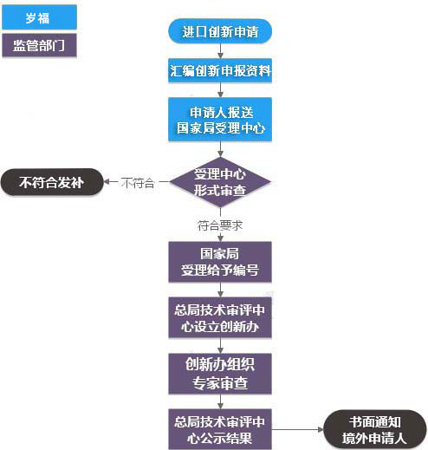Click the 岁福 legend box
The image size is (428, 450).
tap(40, 16)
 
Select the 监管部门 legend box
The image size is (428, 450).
tap(40, 44)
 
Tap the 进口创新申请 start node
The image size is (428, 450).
tap(220, 32)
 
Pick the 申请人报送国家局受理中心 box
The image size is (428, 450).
tap(220, 121)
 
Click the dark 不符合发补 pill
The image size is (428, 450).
tap(51, 183)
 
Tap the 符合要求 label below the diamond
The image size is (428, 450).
tap(220, 225)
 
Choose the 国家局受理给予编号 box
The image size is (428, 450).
tap(220, 262)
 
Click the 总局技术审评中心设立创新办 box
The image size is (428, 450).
tap(220, 317)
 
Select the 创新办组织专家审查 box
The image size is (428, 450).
tap(220, 373)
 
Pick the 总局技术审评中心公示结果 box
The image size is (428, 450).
tap(220, 427)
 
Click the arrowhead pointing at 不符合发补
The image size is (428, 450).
tap(107, 183)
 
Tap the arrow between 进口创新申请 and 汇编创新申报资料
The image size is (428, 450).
tap(220, 51)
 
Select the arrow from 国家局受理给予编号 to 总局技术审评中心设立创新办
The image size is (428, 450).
tap(220, 290)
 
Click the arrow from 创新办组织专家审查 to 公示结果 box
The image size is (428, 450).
tap(220, 401)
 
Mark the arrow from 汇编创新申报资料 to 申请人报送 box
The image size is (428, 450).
tap(220, 91)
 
